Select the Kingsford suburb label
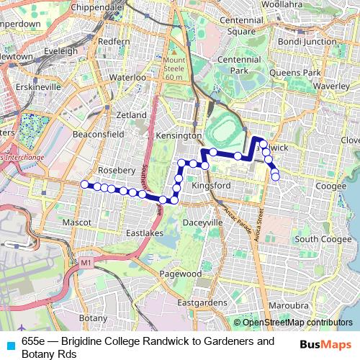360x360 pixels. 211,186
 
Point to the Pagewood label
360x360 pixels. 180,274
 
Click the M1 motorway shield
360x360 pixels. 86,264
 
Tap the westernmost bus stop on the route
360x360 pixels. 84,184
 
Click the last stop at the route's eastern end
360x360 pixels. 275,176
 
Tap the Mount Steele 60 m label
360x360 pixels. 174,68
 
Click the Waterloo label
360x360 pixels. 127,77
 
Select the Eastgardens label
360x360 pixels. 201,303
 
